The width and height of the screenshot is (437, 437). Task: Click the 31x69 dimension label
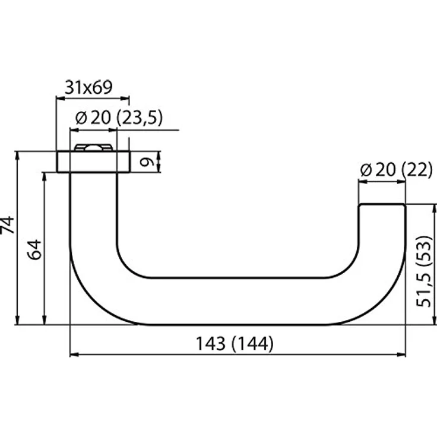tap(88, 87)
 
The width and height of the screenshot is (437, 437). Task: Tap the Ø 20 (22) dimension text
tap(396, 170)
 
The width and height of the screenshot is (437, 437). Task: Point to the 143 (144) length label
tap(235, 343)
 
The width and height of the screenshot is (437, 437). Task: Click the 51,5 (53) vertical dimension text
tap(423, 271)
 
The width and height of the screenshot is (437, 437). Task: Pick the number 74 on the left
tap(7, 224)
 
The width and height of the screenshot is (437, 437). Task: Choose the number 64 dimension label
tap(36, 249)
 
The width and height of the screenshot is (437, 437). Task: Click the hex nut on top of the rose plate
tap(93, 147)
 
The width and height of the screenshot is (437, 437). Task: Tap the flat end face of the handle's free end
tap(382, 205)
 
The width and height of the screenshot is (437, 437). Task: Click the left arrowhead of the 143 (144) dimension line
tap(74, 354)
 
